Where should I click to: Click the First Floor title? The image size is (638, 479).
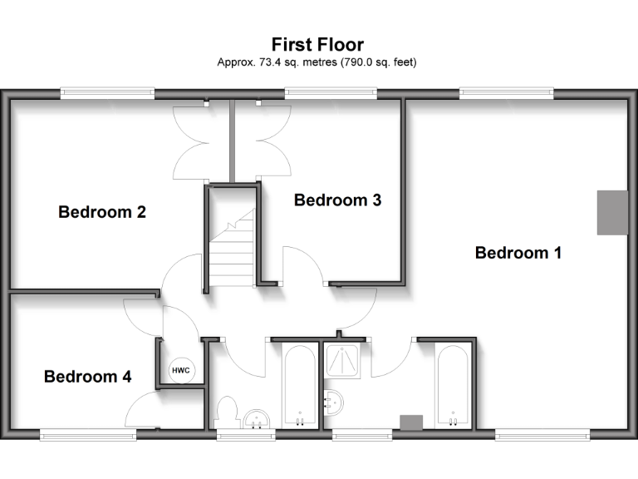click(317, 44)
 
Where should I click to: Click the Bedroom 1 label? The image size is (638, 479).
click(518, 253)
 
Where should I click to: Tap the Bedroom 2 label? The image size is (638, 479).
click(102, 212)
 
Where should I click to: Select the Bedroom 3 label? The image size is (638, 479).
click(337, 200)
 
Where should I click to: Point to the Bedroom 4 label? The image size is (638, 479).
click(87, 377)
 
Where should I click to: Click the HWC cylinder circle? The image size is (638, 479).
click(180, 371)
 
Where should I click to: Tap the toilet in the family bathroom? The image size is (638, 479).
click(226, 412)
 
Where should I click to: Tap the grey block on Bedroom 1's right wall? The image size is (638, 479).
click(612, 212)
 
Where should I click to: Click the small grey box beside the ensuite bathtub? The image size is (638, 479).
click(411, 422)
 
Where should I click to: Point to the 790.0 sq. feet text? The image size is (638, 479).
click(377, 62)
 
